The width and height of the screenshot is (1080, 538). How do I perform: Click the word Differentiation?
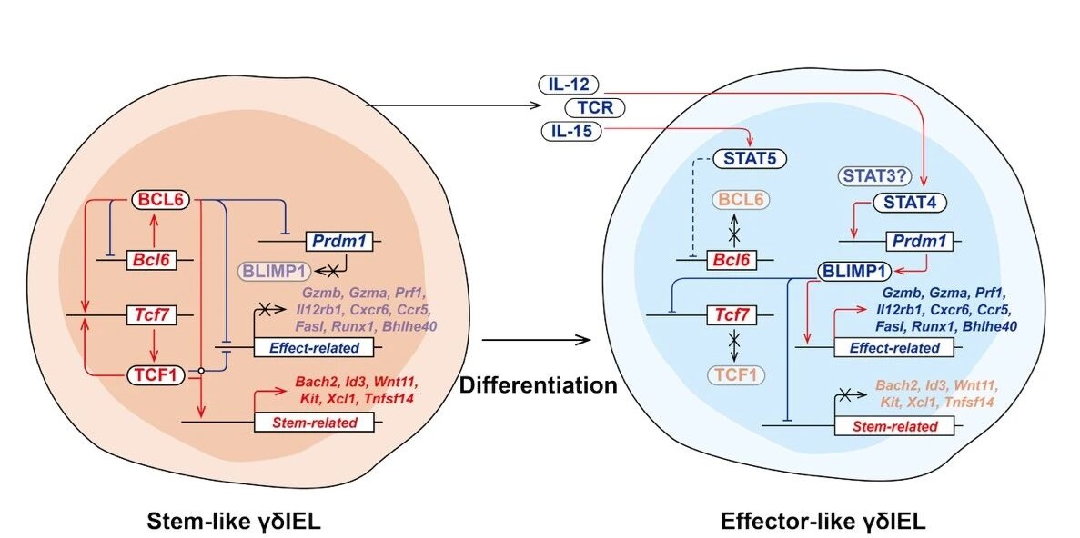tap(538, 385)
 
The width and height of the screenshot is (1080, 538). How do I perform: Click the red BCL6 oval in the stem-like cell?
tap(160, 199)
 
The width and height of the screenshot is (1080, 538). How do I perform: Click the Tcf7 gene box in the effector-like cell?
tap(735, 316)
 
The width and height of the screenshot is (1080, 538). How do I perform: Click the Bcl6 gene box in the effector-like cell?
tap(735, 260)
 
